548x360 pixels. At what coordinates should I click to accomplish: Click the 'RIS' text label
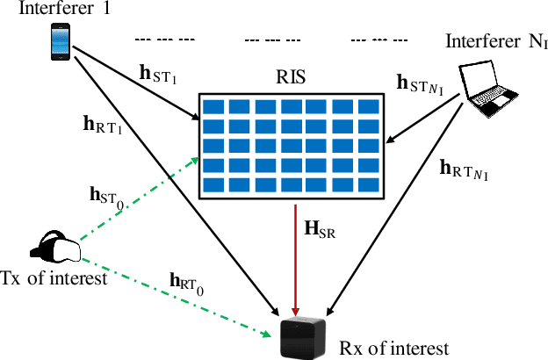(289, 77)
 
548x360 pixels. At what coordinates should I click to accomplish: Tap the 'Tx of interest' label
(54, 278)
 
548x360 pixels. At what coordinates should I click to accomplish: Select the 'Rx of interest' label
(393, 348)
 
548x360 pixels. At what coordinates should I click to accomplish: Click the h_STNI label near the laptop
(421, 85)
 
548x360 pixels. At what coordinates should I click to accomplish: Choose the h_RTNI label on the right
(463, 169)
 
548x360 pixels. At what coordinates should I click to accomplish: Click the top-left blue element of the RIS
(213, 106)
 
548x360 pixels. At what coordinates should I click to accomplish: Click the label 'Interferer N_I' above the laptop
(497, 41)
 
